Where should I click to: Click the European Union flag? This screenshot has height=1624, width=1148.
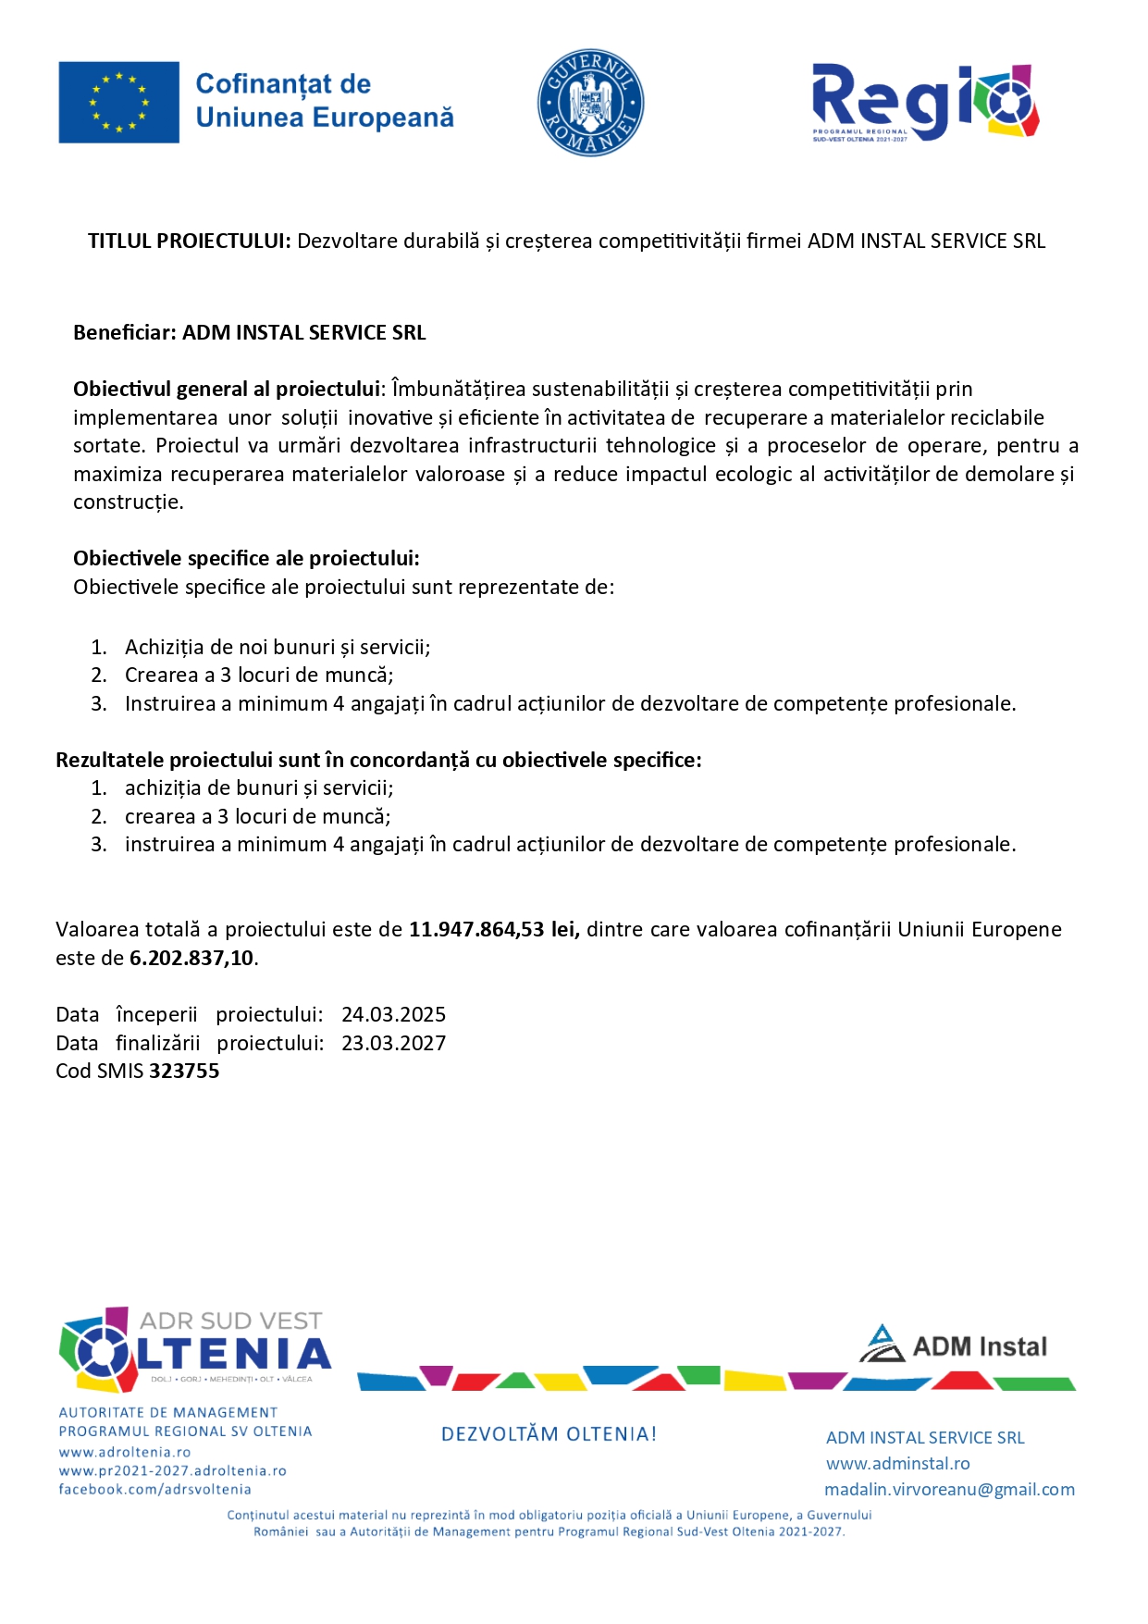118,103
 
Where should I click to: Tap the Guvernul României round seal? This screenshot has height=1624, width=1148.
590,103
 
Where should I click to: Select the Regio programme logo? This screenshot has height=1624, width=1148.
924,102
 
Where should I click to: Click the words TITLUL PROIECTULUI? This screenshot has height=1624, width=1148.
189,242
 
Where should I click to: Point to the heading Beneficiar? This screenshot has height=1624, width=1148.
124,333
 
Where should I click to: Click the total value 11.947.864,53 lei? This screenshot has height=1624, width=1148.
494,930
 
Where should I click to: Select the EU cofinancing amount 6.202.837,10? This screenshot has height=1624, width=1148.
191,959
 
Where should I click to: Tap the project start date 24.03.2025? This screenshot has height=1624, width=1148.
393,1015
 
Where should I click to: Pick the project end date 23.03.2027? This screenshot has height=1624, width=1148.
393,1044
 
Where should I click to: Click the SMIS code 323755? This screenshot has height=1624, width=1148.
184,1072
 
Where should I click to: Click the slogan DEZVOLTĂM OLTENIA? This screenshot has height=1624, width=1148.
549,1434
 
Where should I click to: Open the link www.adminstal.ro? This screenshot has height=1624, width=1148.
897,1464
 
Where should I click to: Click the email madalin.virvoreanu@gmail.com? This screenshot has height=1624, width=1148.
949,1490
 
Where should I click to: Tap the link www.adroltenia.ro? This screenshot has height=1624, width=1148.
125,1453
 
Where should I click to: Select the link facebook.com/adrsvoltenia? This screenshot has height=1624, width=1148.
154,1490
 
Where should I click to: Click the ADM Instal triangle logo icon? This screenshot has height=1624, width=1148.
882,1344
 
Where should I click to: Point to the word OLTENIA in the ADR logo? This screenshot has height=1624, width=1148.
231,1355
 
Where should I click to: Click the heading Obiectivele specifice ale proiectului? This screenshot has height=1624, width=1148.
246,559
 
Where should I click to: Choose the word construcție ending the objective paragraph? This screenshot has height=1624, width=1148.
128,502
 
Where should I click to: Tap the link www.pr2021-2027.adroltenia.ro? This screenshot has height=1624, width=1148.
172,1471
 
